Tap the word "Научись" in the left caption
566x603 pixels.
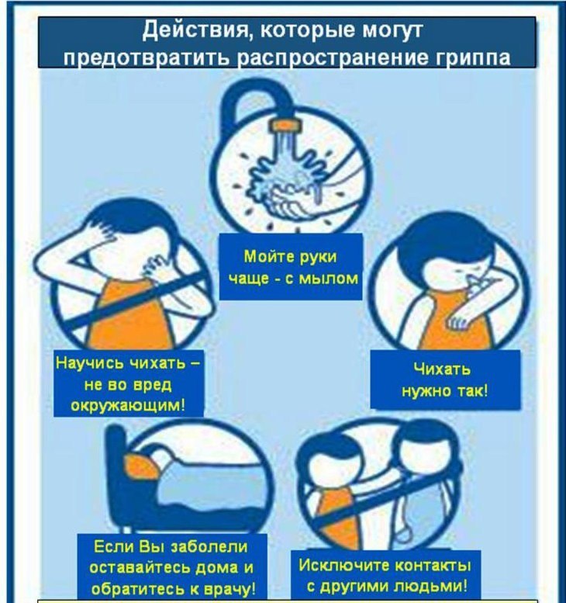coord(88,362)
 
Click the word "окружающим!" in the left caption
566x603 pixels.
coord(129,405)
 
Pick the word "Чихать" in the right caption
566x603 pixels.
coord(442,369)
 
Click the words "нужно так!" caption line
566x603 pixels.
coord(445,390)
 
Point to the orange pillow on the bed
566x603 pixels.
coord(140,466)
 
